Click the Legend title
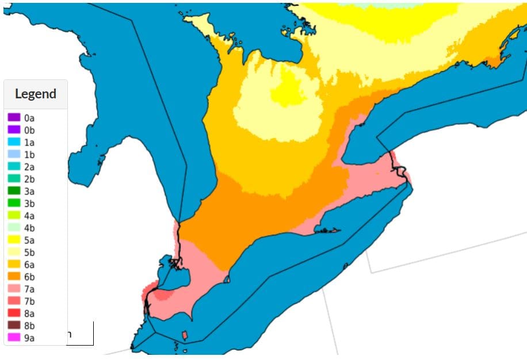(x=36, y=94)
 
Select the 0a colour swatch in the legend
(x=14, y=117)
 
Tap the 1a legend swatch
(x=14, y=142)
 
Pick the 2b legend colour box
(x=14, y=179)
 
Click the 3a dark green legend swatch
(x=14, y=191)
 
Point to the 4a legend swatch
(x=14, y=216)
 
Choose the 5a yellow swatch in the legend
(x=14, y=240)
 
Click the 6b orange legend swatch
(x=14, y=277)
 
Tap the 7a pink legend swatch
(x=14, y=289)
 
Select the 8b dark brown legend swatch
(x=14, y=325)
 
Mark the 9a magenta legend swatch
(x=14, y=338)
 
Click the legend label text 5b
(x=29, y=252)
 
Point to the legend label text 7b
(x=29, y=301)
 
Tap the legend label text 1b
(x=29, y=155)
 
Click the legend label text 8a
(x=29, y=313)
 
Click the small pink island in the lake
(x=184, y=335)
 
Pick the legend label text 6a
(x=29, y=265)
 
